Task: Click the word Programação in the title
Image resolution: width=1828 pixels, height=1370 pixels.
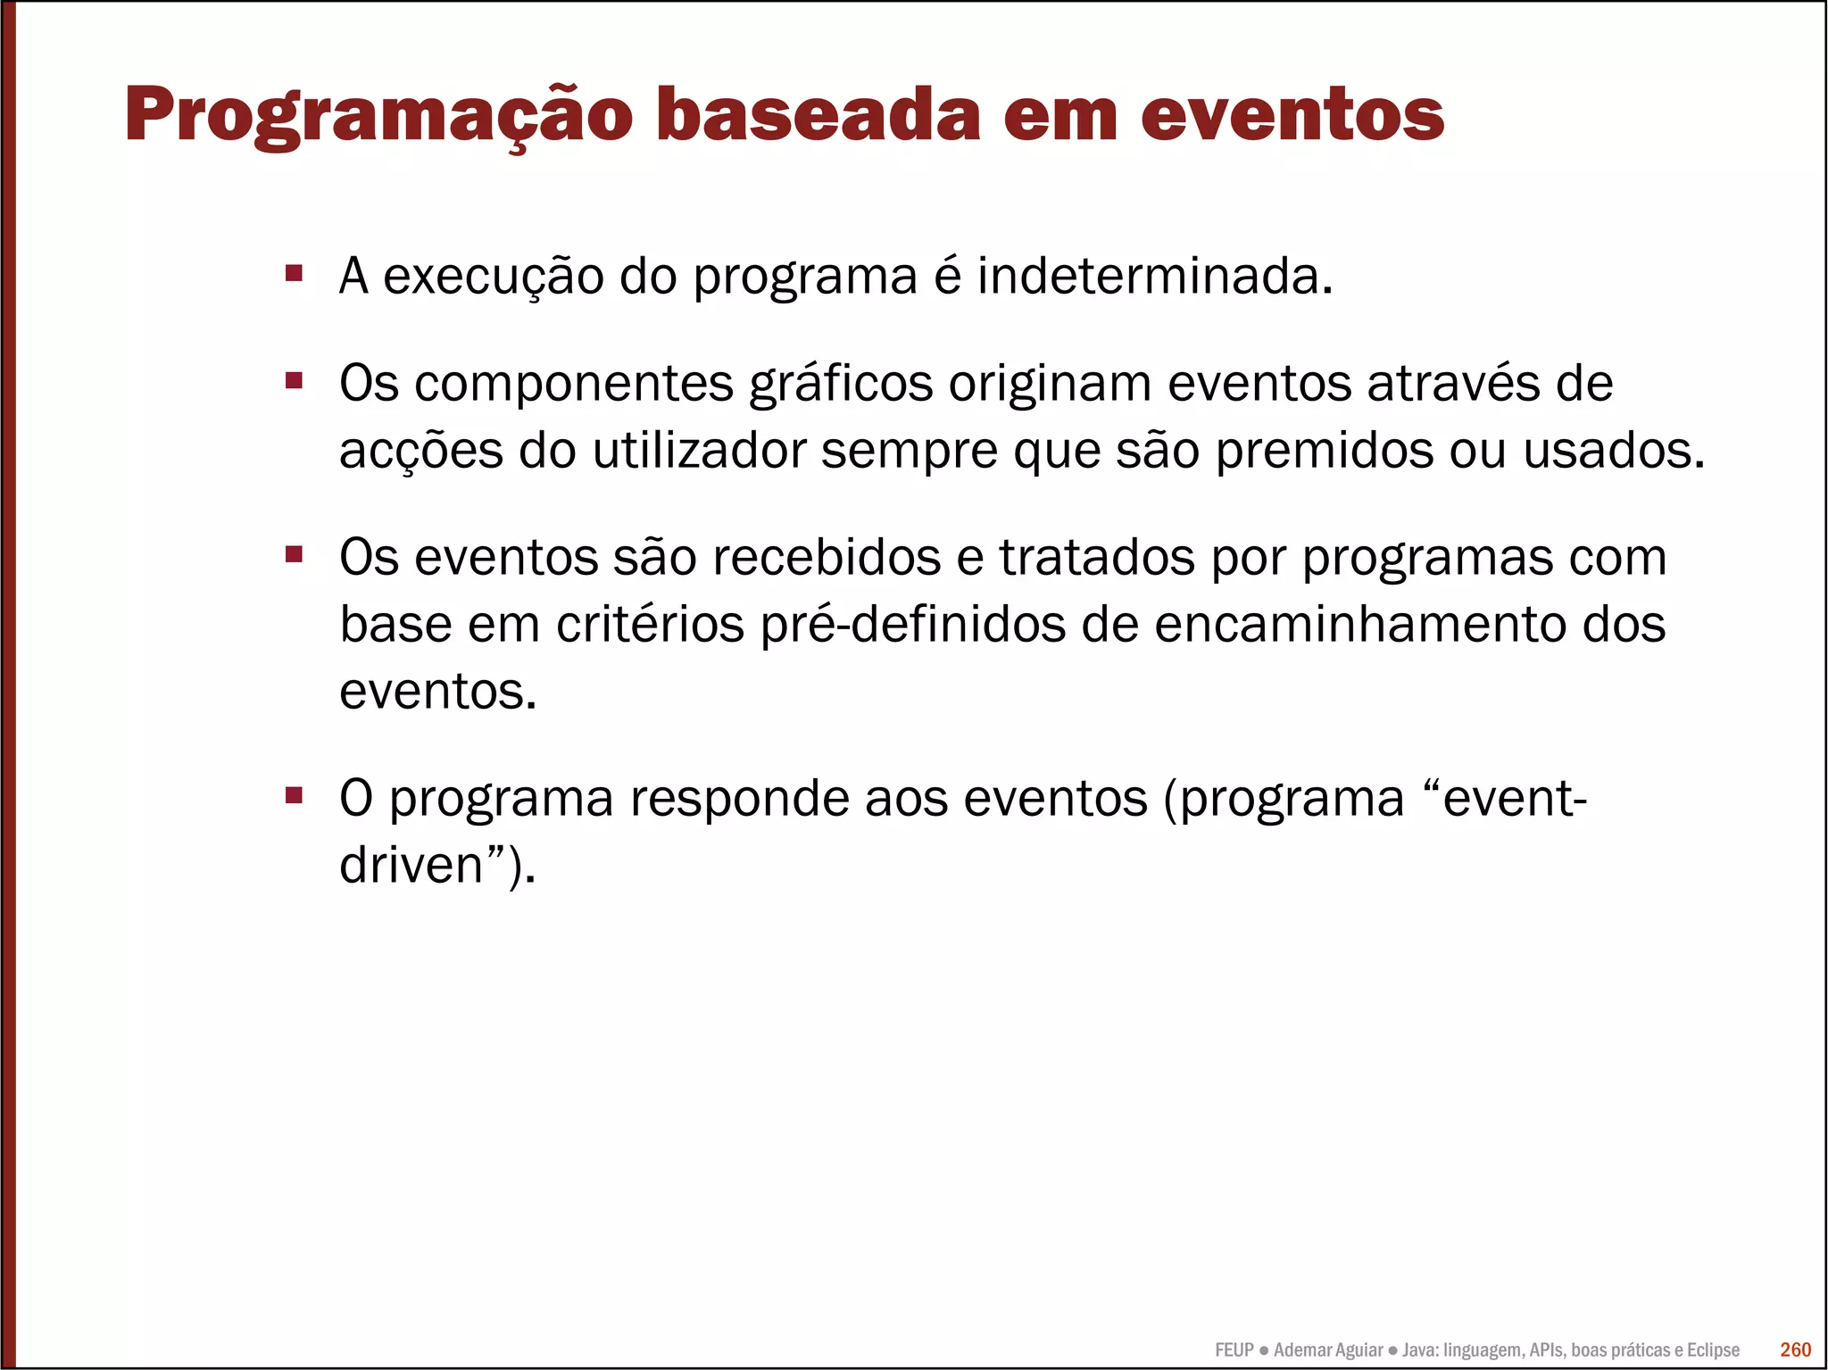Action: pyautogui.click(x=378, y=116)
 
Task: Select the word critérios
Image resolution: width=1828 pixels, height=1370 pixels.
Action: pyautogui.click(x=650, y=625)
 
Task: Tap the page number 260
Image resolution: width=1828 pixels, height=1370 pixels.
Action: pyautogui.click(x=1795, y=1349)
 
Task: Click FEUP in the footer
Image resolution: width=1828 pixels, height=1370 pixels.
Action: pyautogui.click(x=1234, y=1350)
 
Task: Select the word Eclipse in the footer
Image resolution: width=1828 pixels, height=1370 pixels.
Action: pyautogui.click(x=1713, y=1350)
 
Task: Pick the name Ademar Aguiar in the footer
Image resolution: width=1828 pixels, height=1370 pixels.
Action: pyautogui.click(x=1328, y=1350)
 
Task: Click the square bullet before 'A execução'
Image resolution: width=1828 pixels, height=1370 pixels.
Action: pyautogui.click(x=294, y=272)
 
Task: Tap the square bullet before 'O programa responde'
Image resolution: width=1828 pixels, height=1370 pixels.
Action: pyautogui.click(x=294, y=794)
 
